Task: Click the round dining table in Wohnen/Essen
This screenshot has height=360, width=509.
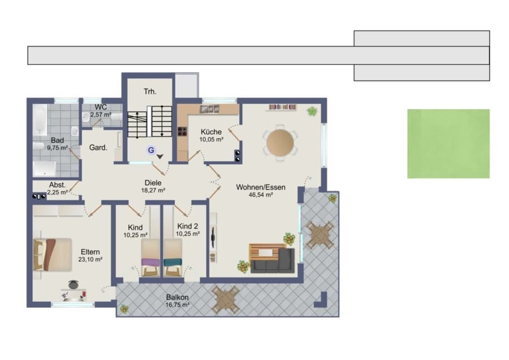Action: (280, 143)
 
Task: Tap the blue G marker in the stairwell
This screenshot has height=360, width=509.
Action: (151, 150)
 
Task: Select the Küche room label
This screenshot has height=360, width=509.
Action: (212, 132)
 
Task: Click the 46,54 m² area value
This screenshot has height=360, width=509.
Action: (261, 195)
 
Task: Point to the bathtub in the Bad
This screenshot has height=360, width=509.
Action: (40, 119)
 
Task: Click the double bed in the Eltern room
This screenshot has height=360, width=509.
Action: (53, 255)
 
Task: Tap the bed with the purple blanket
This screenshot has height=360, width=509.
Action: (150, 258)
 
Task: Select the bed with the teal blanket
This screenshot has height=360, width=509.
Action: (172, 258)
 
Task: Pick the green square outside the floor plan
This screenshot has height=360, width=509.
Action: (448, 144)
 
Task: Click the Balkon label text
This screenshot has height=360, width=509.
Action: (177, 297)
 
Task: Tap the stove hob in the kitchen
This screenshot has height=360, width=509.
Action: (182, 131)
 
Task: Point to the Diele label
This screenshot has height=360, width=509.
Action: (153, 183)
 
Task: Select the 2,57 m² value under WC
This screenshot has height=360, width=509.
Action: (101, 115)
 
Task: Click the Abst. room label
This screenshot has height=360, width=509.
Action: (58, 185)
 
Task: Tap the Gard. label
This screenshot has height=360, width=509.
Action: (98, 148)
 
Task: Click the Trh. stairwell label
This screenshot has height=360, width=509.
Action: (150, 92)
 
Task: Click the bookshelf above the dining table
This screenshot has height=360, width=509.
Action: (282, 107)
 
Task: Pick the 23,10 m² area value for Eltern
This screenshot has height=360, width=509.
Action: (90, 260)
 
